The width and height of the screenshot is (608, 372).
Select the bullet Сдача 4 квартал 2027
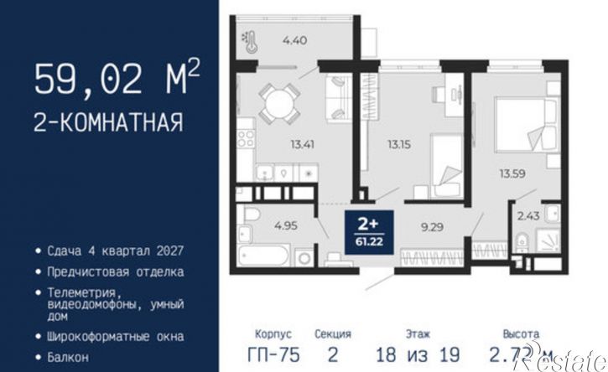click(x=110, y=251)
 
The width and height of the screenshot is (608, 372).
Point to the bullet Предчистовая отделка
click(x=110, y=271)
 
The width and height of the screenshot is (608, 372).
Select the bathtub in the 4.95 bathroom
click(x=262, y=254)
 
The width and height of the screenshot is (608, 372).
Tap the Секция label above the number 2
click(x=333, y=333)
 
